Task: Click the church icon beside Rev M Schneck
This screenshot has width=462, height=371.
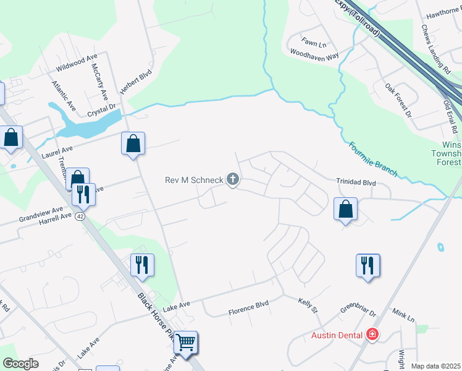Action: coord(233,180)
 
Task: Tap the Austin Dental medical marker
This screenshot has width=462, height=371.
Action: coord(372,335)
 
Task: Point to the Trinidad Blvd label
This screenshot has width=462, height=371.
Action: coord(356,182)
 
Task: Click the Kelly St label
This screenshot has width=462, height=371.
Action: coord(308,304)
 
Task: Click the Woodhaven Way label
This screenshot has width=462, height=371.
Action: coord(315,55)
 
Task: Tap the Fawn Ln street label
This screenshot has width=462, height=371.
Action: coord(314,43)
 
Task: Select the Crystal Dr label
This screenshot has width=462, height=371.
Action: coord(102,110)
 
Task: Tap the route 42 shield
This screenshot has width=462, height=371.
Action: coord(80,216)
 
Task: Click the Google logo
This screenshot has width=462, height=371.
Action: coord(20,364)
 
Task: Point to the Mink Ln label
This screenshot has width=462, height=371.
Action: coord(401,317)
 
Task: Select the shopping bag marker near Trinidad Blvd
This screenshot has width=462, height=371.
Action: coord(346,208)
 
